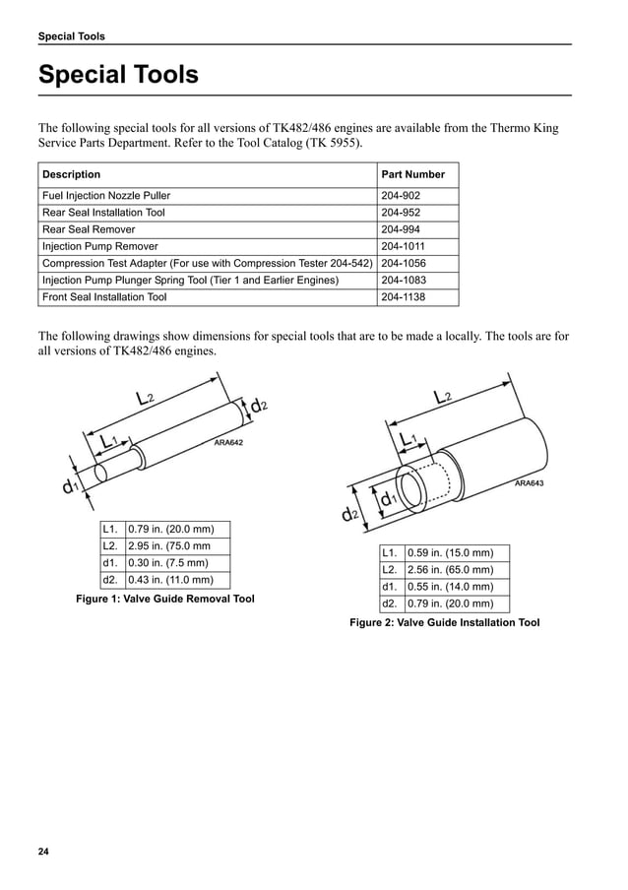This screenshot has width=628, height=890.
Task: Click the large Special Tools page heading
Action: pos(118,75)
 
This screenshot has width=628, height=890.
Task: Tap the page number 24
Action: pos(43,851)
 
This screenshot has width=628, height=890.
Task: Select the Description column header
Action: pos(71,174)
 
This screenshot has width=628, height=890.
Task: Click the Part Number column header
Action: pos(412,174)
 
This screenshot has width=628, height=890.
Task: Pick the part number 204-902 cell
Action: pos(401,196)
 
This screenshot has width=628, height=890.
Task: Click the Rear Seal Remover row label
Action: pos(89,229)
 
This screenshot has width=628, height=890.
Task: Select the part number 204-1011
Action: pos(404,246)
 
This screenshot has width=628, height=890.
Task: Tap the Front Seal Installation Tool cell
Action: pos(104,296)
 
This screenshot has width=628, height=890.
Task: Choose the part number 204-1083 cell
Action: pos(405,280)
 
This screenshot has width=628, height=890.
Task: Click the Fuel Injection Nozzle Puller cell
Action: pos(106,196)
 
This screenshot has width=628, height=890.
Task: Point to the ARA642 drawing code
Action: pos(228,443)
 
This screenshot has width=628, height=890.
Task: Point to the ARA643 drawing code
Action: pos(529,483)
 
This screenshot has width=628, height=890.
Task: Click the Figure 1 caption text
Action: pos(165,599)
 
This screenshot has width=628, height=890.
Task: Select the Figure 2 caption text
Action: pos(445,622)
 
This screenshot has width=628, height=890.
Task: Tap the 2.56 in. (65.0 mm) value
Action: pos(450,570)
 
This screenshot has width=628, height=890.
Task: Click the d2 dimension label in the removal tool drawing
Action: pos(259,405)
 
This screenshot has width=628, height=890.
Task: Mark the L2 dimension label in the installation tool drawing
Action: pos(442,397)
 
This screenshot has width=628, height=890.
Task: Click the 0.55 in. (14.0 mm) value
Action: pos(450,587)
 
